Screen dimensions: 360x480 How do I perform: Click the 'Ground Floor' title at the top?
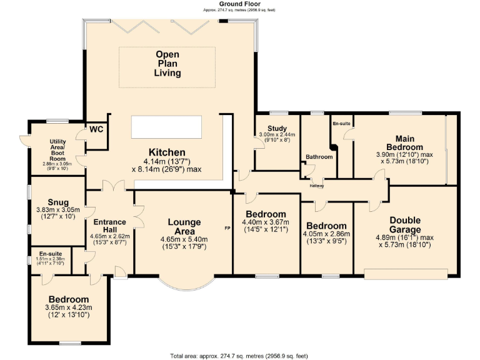click(x=239, y=4)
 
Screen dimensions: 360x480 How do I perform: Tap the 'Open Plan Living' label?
click(x=167, y=64)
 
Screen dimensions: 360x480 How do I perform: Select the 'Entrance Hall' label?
click(x=109, y=226)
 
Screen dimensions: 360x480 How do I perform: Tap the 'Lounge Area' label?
click(x=184, y=227)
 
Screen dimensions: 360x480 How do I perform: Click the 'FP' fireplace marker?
click(x=227, y=228)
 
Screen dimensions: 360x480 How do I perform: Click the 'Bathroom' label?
click(x=319, y=156)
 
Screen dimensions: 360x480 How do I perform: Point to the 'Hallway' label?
click(x=317, y=185)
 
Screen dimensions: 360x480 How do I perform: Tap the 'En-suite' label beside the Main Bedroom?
click(x=341, y=124)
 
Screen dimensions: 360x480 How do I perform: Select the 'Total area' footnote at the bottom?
click(x=239, y=356)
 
